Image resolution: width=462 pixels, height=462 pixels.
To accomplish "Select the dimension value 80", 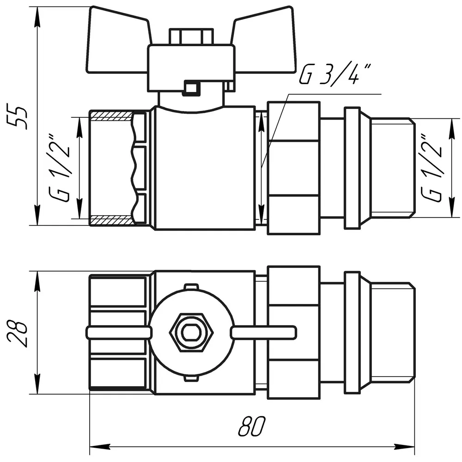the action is pos(252,426).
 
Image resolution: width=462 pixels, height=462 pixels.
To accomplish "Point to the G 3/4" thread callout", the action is pos(334,75).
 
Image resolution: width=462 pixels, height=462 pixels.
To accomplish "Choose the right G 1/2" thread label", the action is pos(432,169).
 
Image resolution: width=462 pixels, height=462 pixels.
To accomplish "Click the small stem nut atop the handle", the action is pos(191,36).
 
